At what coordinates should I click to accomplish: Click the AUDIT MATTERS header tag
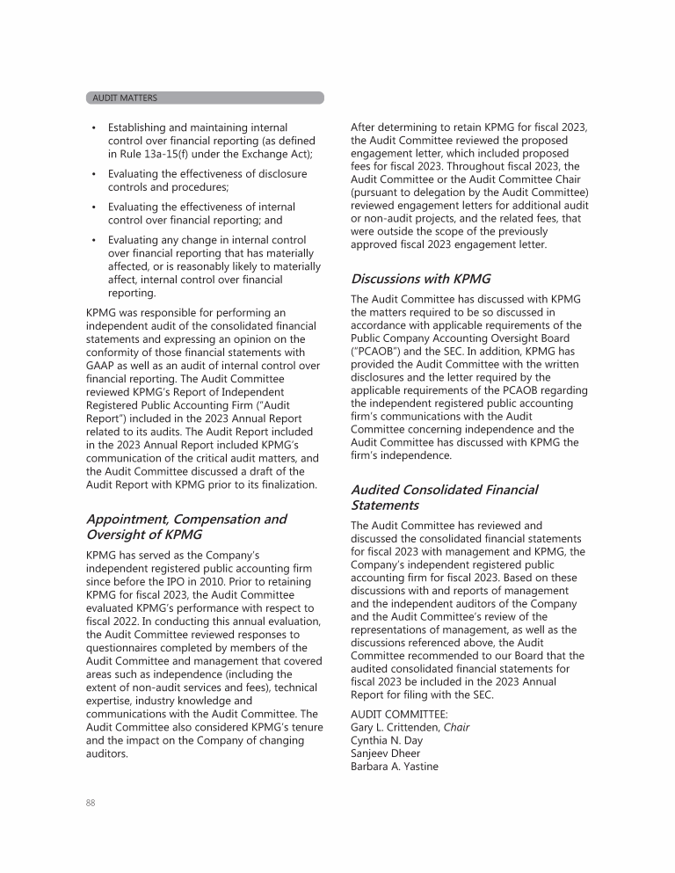(x=125, y=98)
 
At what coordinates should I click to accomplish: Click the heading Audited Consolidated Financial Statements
(x=444, y=498)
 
